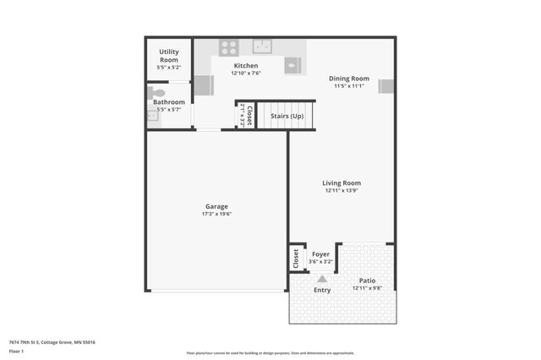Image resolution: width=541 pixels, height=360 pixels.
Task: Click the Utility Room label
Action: (169, 56)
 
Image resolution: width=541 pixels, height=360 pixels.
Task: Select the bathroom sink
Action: (153, 116)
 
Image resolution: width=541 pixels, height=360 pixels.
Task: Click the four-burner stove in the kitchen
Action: (229, 47)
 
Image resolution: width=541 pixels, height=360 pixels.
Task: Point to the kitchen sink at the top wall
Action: (262, 46)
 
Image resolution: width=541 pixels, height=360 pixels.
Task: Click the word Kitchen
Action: (246, 65)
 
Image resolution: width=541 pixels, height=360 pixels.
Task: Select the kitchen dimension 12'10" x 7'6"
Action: (246, 74)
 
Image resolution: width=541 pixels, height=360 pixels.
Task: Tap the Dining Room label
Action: (349, 79)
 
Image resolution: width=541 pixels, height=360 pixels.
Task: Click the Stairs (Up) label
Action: (286, 116)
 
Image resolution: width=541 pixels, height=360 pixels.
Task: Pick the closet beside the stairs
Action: (245, 115)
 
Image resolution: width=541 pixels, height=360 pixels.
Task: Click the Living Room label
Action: (342, 183)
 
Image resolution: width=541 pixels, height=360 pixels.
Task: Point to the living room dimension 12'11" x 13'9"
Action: (342, 190)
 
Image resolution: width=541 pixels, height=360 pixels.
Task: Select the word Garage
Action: (216, 206)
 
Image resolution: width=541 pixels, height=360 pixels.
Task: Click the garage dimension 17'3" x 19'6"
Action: (216, 214)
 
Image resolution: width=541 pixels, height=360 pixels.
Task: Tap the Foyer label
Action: (320, 254)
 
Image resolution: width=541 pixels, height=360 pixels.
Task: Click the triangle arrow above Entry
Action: (321, 279)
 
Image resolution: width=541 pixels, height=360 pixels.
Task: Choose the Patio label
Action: (367, 281)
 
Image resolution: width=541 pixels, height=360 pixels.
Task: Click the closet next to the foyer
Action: (296, 259)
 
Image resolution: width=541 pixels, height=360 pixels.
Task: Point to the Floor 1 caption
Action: (15, 351)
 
